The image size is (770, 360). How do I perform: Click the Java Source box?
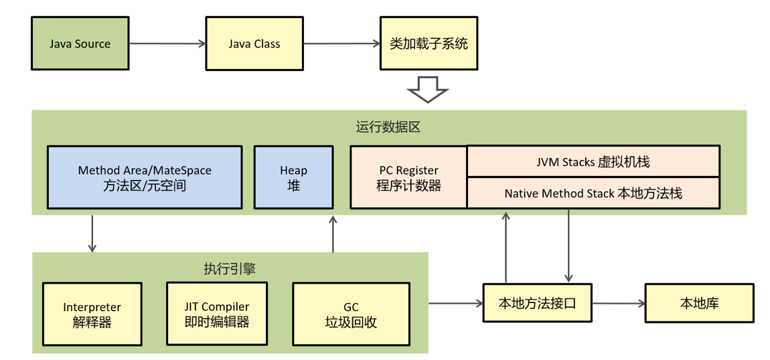80,44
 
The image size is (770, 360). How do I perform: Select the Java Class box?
254,44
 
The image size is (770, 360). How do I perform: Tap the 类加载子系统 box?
429,44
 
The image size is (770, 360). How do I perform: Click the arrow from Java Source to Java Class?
167,44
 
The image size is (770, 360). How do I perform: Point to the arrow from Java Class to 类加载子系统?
341,44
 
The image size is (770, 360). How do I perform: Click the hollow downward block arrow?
429,89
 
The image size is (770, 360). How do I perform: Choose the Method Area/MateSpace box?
144,177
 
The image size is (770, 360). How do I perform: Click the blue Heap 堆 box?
293,177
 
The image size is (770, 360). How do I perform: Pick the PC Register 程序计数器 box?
408,177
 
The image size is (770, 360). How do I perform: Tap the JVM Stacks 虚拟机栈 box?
593,161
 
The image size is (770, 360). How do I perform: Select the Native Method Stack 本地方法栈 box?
593,193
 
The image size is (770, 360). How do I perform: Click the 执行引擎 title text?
230,268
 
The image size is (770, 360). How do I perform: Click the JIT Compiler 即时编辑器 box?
217,314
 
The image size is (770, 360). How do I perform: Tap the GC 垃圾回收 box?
351,314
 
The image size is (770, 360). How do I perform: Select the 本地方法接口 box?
537,303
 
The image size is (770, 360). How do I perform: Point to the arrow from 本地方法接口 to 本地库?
618,303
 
